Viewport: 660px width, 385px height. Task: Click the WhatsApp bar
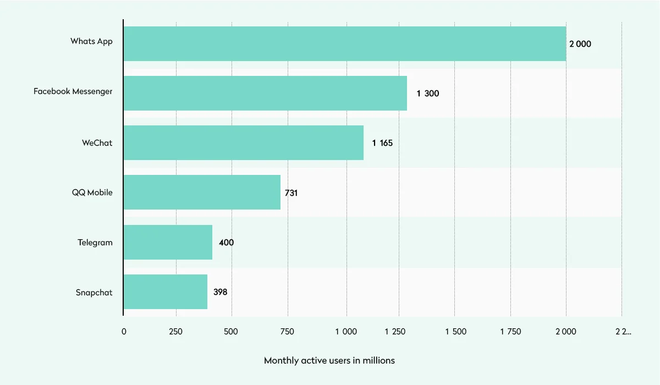click(345, 44)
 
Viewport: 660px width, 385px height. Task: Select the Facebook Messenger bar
click(265, 94)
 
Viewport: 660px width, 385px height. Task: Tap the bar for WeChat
click(244, 143)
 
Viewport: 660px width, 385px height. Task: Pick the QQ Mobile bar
click(202, 193)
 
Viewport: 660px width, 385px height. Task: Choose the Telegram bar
click(168, 243)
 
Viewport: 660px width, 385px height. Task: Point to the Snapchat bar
click(166, 292)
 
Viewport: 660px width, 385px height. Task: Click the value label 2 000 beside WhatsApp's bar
click(580, 44)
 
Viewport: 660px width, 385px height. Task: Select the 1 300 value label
click(428, 94)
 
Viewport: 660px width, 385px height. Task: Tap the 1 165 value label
click(382, 143)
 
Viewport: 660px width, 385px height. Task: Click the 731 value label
click(291, 193)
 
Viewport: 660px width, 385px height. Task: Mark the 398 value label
click(220, 292)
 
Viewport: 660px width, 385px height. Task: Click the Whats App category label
click(91, 41)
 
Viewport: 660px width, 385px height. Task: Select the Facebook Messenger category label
click(73, 91)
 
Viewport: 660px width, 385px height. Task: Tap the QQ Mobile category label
click(92, 193)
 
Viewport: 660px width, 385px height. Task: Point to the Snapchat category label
click(94, 293)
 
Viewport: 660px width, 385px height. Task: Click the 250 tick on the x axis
click(176, 331)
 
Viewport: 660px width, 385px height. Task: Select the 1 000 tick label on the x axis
click(346, 331)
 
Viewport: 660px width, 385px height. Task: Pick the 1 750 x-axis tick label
click(510, 331)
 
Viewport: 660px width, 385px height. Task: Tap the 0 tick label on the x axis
click(124, 331)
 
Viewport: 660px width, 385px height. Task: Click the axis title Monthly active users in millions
click(329, 361)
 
